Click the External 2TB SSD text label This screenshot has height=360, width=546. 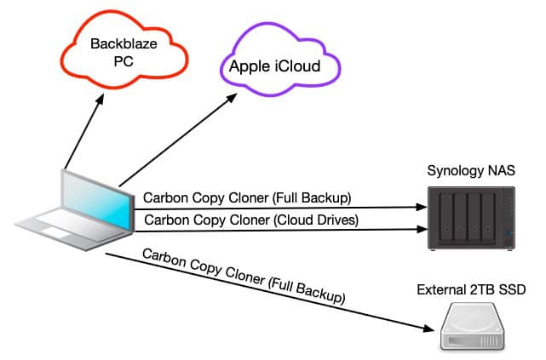point(470,291)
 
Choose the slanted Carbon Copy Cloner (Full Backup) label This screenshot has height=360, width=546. point(243,277)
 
